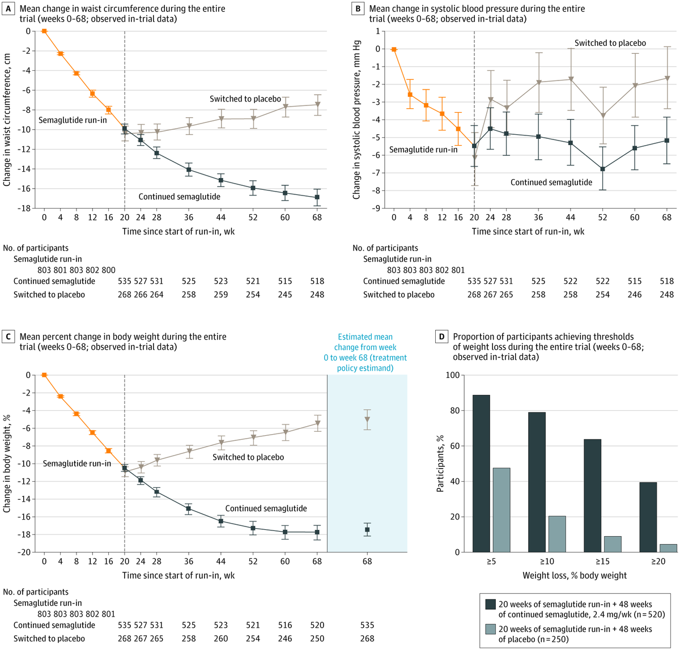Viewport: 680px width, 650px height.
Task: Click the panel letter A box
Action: point(8,9)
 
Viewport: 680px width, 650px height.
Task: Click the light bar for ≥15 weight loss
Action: point(613,544)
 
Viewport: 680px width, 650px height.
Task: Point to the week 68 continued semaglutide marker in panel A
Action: point(317,197)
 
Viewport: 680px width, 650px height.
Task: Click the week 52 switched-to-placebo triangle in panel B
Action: point(603,116)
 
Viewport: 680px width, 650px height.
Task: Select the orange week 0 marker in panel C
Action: point(44,375)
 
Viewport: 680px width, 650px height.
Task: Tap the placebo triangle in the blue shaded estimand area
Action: point(367,420)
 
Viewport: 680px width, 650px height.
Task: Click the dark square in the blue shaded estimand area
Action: point(367,530)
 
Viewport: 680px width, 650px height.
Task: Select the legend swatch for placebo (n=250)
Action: point(490,628)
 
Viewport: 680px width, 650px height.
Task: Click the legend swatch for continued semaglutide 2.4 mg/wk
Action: point(490,604)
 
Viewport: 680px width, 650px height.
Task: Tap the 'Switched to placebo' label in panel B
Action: point(610,43)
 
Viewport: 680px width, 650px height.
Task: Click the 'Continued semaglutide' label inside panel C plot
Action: point(266,508)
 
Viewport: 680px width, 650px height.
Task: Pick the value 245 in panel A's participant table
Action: point(285,294)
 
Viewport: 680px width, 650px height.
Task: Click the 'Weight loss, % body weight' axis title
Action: point(575,575)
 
